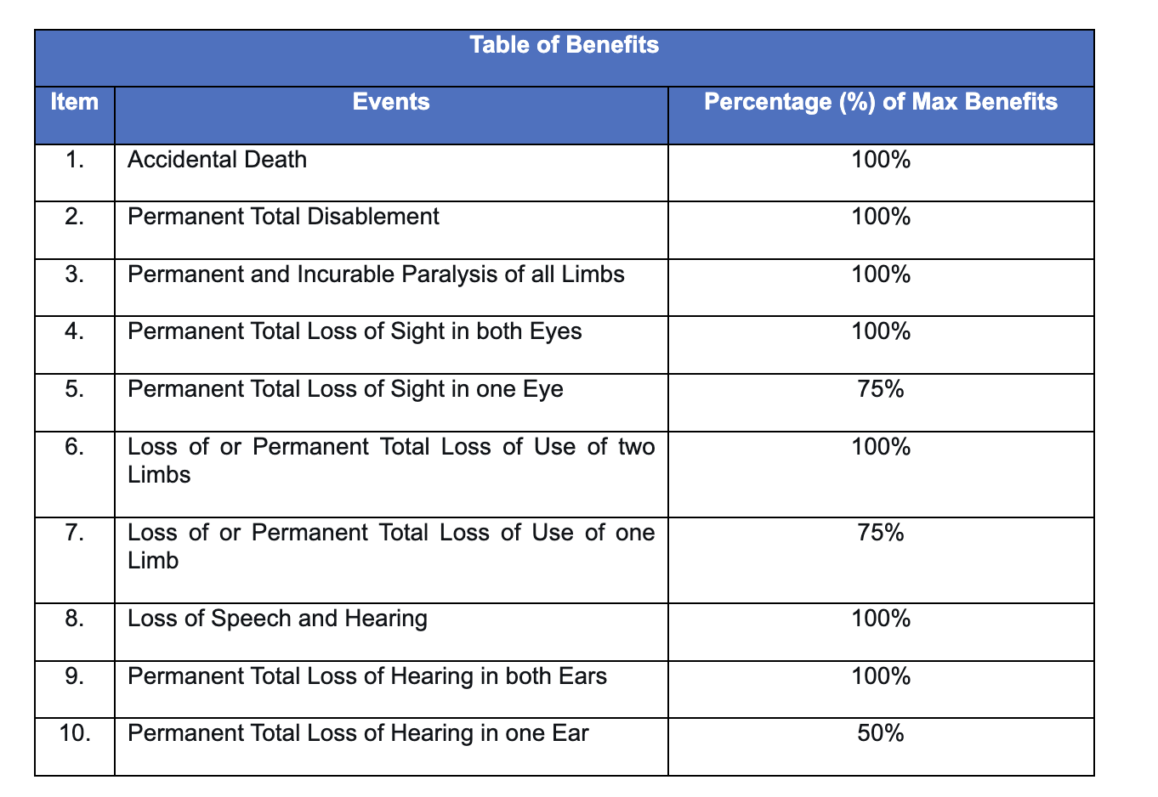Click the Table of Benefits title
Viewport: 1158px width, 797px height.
click(564, 45)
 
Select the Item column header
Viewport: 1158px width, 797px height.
click(74, 103)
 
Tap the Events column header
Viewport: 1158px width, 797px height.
click(391, 103)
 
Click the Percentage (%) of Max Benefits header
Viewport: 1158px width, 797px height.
click(881, 103)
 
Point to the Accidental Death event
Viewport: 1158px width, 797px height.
click(217, 160)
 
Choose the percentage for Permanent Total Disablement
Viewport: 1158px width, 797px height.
click(881, 217)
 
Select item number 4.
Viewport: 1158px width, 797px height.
click(74, 331)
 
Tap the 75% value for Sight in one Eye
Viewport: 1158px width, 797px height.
click(881, 389)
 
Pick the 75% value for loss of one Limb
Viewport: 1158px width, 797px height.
click(881, 533)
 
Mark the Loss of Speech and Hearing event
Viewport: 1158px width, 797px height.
click(277, 619)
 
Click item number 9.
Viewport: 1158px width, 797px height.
click(74, 676)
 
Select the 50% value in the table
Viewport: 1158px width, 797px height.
click(881, 733)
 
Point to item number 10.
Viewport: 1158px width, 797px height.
click(76, 733)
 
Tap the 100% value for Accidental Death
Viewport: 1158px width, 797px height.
click(881, 160)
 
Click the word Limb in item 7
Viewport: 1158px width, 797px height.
click(153, 561)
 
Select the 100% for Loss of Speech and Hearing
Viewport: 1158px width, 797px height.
click(881, 619)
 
